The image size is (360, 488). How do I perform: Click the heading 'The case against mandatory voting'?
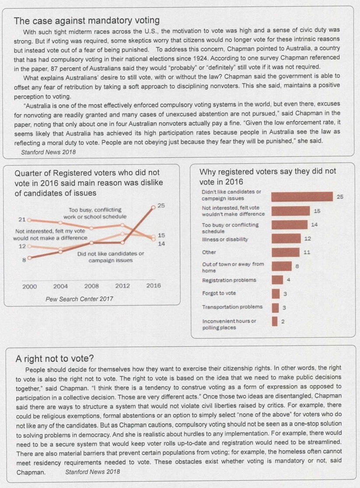tap(87, 21)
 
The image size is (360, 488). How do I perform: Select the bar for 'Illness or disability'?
tap(286, 238)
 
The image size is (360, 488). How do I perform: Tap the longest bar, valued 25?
tap(302, 197)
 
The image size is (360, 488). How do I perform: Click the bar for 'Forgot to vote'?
tap(276, 293)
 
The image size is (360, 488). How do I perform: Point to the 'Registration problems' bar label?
tap(229, 280)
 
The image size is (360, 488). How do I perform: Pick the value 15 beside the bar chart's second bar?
tap(317, 211)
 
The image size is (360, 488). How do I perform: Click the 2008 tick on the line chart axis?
tap(92, 286)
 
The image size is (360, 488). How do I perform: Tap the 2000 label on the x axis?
tap(30, 286)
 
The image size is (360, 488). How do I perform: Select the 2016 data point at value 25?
tap(153, 207)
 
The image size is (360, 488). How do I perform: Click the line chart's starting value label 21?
tap(22, 220)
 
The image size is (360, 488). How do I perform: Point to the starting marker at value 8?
tap(29, 258)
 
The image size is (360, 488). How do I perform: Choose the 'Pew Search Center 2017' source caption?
tap(80, 299)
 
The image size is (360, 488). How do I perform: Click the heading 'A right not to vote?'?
tap(55, 358)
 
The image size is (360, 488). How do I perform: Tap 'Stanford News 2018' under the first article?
tap(48, 152)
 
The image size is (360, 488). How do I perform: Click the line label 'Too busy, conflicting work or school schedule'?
tap(95, 213)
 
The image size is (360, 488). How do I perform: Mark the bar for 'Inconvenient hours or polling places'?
tap(274, 321)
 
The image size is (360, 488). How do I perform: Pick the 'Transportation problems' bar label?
tap(232, 307)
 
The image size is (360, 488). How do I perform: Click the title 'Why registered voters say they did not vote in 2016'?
tap(268, 176)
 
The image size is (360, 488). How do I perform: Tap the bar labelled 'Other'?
tap(286, 252)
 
